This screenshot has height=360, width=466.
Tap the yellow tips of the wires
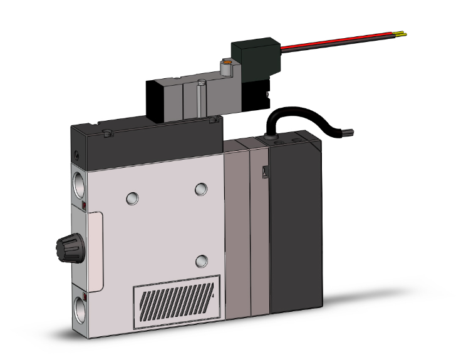click(402, 34)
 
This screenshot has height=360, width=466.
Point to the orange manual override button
click(227, 63)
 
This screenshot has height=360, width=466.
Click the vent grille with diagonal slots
click(177, 302)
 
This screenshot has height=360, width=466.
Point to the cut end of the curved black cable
click(351, 132)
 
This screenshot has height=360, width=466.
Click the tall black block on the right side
click(294, 232)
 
